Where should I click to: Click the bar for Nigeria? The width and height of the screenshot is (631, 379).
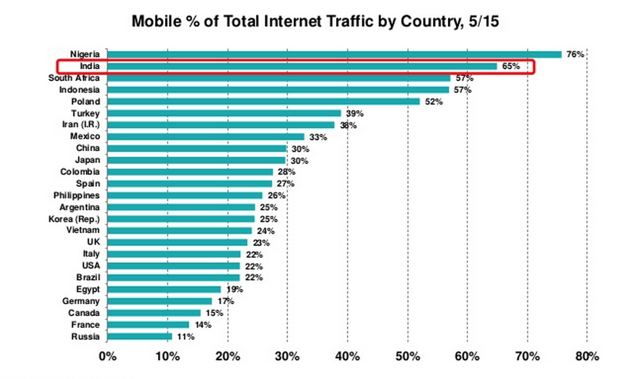tap(334, 54)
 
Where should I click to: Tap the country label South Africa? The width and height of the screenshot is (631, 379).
tap(74, 78)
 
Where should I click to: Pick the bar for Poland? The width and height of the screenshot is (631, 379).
tap(263, 101)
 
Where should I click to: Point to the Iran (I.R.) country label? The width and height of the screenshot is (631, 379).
tap(81, 125)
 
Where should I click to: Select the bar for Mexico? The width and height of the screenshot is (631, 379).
tap(206, 137)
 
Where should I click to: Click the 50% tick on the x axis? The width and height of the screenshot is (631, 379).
tap(407, 356)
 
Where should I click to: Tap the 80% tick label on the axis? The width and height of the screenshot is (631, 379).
tap(587, 356)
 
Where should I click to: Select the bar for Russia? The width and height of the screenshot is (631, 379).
tap(139, 336)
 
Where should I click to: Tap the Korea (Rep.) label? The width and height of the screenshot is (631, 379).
tap(74, 219)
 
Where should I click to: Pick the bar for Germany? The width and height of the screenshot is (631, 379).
tap(159, 301)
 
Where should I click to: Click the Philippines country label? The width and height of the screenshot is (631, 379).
tap(76, 195)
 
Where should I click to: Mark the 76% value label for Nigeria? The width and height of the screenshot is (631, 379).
tap(576, 54)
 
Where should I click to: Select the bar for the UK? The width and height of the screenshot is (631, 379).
tap(177, 242)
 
